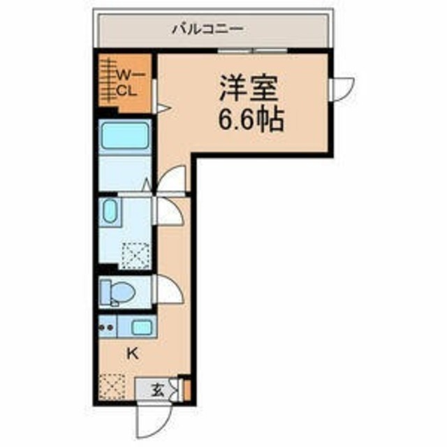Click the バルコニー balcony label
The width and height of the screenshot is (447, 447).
point(207,29)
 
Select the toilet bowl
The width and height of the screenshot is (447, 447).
point(115,293)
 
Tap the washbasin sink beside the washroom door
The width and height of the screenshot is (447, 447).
point(110,212)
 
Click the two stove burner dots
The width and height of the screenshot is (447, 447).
point(107,326)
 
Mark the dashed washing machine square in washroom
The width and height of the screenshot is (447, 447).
point(132,255)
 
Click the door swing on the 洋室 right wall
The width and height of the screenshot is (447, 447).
point(343,87)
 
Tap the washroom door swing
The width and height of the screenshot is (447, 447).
point(167,210)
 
